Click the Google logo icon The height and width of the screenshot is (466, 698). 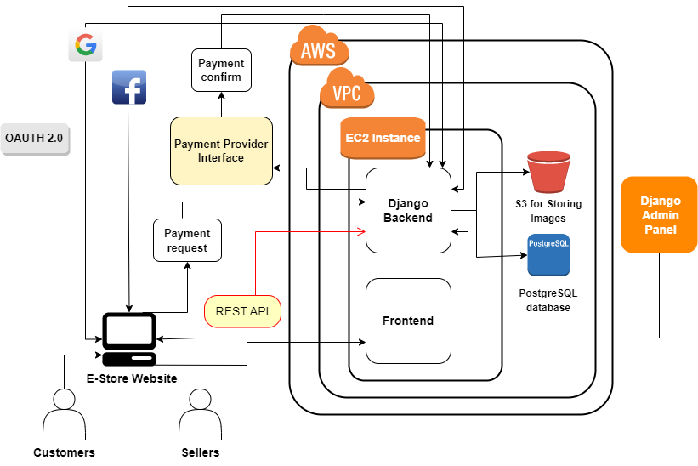[x=85, y=45]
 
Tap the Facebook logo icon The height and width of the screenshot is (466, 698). [x=129, y=88]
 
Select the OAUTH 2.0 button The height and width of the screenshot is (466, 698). [x=34, y=137]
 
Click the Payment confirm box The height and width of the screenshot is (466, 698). [x=220, y=70]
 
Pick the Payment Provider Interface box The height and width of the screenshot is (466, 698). [x=221, y=151]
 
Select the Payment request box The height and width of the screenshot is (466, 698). [x=186, y=241]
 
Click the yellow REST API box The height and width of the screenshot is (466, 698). [x=242, y=311]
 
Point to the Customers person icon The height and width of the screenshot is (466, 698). [x=64, y=414]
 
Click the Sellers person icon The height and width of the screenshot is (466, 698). [x=201, y=414]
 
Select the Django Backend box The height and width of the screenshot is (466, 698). [x=408, y=210]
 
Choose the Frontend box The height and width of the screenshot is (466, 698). [x=408, y=321]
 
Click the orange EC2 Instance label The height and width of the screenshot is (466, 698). [x=383, y=138]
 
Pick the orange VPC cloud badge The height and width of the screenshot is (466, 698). [x=346, y=89]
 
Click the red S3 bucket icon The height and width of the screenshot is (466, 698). [x=548, y=172]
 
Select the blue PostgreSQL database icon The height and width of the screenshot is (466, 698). [x=548, y=254]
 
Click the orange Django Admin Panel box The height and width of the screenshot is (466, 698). [x=660, y=214]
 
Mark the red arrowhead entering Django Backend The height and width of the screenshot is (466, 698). [x=361, y=230]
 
